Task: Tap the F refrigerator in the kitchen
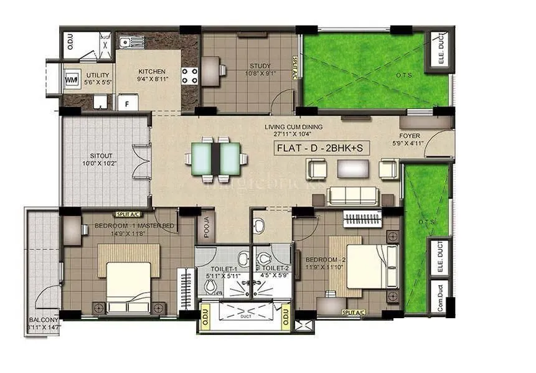129,103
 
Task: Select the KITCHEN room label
151,72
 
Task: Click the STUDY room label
260,65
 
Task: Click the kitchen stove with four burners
190,76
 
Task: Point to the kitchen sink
127,42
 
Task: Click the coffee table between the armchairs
352,168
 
